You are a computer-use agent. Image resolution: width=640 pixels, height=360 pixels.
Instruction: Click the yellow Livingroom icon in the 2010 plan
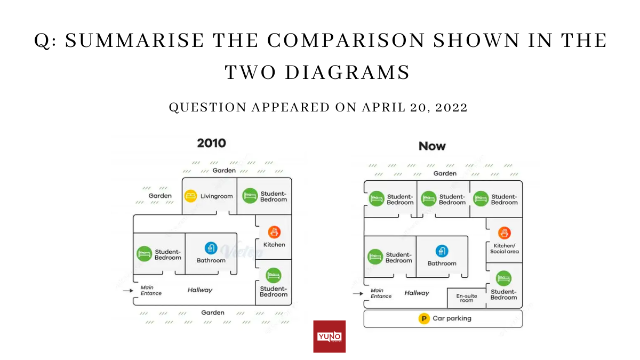[x=190, y=196]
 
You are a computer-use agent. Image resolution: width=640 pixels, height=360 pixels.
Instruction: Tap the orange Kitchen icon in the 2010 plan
[x=274, y=232]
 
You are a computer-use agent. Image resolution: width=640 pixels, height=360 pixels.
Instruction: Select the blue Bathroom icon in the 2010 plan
[x=211, y=248]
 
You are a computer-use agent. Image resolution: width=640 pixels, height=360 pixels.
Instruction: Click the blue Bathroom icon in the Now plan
[x=442, y=251]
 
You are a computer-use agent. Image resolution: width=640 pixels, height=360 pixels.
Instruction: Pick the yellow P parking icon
[x=423, y=318]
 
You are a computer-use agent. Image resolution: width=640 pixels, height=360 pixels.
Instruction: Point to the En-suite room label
[x=467, y=298]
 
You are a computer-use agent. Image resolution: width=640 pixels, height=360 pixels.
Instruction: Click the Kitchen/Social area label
[x=504, y=248]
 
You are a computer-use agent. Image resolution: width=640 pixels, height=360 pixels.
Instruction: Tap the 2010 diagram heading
[x=211, y=143]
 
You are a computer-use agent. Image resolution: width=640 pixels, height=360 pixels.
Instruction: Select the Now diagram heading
[x=432, y=146]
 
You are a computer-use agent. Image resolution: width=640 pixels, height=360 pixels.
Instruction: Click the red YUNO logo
[x=329, y=337]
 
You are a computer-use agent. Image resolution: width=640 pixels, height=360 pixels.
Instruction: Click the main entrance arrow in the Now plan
[x=357, y=293]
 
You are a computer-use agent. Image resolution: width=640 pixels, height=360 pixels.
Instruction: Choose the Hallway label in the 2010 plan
[x=199, y=290]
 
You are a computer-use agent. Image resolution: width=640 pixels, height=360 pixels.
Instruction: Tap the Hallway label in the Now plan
[x=417, y=293]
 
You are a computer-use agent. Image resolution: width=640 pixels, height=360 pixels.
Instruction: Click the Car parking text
[x=452, y=318]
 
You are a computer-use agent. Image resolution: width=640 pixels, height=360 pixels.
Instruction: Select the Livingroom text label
[x=217, y=196]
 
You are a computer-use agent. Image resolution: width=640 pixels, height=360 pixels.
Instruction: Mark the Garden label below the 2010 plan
[x=213, y=313]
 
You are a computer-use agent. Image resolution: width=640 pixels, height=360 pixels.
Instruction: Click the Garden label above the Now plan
[x=445, y=173]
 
